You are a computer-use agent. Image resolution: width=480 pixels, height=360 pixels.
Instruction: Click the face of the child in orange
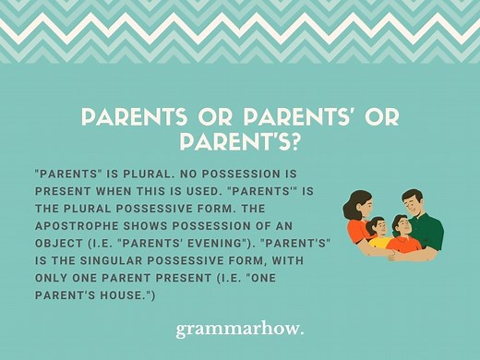pyautogui.click(x=400, y=225)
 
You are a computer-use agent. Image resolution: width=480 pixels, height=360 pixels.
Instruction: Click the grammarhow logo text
pyautogui.click(x=239, y=330)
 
